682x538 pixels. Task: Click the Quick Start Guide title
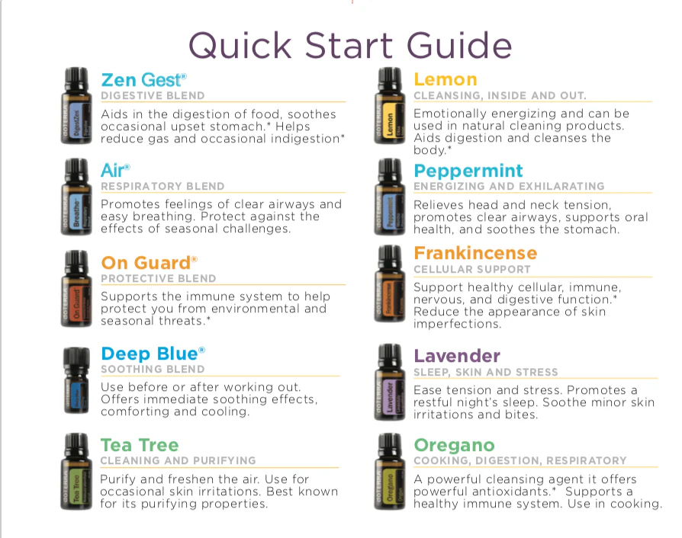click(x=350, y=46)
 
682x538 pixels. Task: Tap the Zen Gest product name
click(x=143, y=80)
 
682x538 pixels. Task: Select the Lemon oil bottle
click(x=390, y=106)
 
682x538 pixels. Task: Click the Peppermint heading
click(x=468, y=171)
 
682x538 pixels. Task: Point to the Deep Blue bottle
click(x=76, y=381)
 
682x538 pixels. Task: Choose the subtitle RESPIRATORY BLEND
click(x=162, y=186)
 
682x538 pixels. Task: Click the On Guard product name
click(x=149, y=263)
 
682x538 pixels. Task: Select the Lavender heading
click(x=457, y=356)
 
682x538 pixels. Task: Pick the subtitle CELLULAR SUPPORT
click(x=472, y=270)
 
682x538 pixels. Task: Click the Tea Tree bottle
click(x=76, y=471)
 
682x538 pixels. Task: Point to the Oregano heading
click(x=454, y=446)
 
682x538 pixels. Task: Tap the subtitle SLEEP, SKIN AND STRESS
click(x=485, y=372)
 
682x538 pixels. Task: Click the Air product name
click(x=115, y=171)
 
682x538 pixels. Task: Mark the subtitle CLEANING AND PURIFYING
click(x=179, y=460)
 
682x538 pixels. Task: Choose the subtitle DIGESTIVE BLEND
click(x=153, y=95)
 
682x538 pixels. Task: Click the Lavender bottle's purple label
click(x=391, y=397)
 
